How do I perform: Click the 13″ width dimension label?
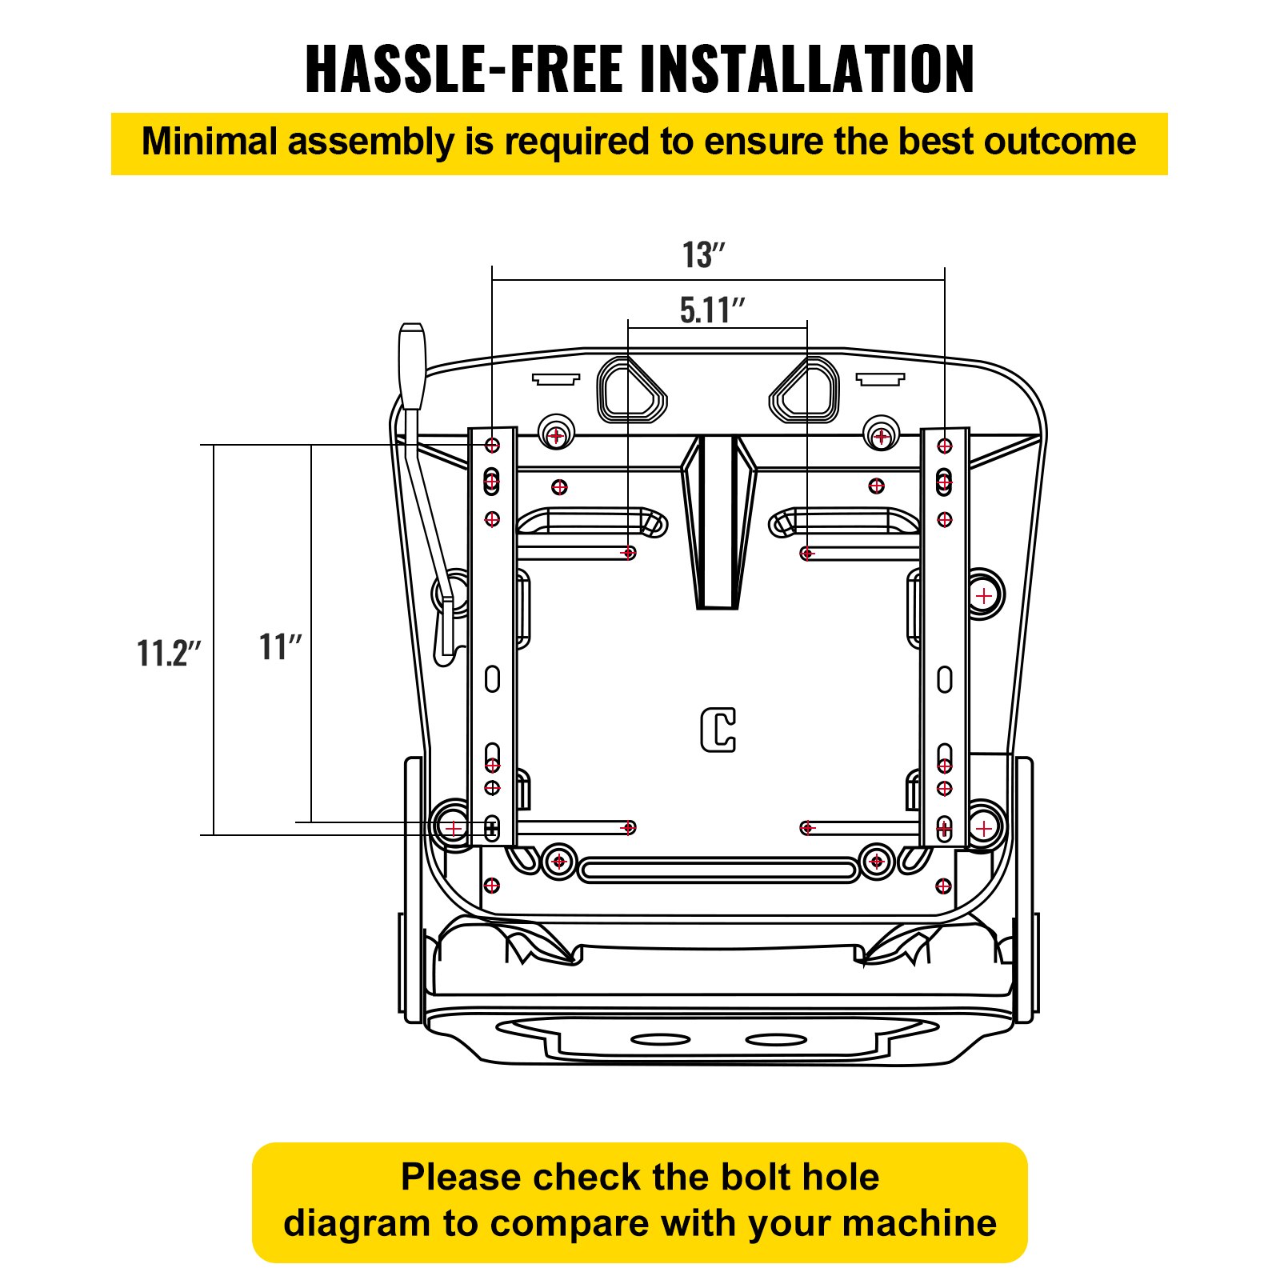coord(703,255)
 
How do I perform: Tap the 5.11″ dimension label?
coord(711,310)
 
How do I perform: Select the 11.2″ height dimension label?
coord(169,653)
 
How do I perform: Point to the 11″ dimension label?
coord(280,646)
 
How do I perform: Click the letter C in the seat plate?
coord(718,729)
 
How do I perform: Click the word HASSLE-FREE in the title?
coord(463,69)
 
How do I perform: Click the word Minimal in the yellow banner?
coord(209,142)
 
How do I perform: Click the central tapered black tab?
coord(718,520)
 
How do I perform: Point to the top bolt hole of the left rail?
coord(492,445)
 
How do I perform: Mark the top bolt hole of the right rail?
coord(945,446)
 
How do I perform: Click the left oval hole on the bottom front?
coord(660,1039)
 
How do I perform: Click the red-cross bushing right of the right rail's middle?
coord(983,595)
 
